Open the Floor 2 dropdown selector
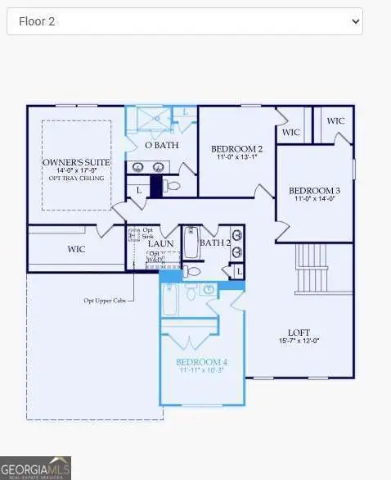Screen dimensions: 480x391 (184, 21)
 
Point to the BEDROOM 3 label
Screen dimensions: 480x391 (314, 190)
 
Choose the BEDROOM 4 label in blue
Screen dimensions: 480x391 (201, 361)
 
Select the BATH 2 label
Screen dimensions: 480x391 (215, 242)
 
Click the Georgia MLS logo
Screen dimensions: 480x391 (35, 467)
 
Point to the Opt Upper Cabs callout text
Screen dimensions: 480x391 (106, 300)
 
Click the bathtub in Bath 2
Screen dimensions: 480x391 (191, 243)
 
